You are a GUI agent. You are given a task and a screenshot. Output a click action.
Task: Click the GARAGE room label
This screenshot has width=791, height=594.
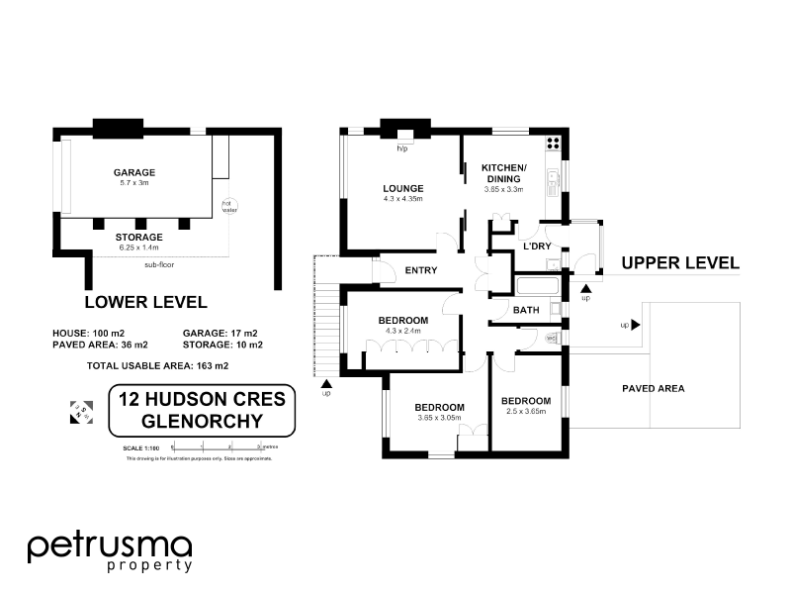coord(133,172)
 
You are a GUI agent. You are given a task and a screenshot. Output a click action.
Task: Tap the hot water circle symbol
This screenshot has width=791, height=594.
coord(229,206)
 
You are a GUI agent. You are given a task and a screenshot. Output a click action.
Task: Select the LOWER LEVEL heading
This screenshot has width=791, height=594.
coord(145,302)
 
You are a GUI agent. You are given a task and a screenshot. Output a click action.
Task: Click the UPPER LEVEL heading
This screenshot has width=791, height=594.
coord(680,262)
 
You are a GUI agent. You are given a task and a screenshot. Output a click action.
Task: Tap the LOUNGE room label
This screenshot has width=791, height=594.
coord(403,188)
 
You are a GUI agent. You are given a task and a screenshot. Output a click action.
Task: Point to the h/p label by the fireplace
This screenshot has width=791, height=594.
coord(402,148)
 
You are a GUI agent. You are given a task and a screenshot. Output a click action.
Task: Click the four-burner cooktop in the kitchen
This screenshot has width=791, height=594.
coord(552,142)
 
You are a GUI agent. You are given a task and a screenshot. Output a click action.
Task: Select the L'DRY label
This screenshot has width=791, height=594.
coord(537,246)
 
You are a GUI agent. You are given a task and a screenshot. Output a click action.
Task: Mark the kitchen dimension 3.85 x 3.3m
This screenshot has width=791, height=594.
coord(503,189)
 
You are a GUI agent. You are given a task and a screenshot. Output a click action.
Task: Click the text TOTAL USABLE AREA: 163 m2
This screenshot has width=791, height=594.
coord(159,366)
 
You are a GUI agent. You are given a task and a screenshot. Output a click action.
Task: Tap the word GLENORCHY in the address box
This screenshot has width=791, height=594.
coord(202,420)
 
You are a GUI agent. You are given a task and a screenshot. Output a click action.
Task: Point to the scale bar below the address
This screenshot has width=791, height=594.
coord(216,448)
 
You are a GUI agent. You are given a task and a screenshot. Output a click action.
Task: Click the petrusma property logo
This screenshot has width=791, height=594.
coord(109,551)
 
